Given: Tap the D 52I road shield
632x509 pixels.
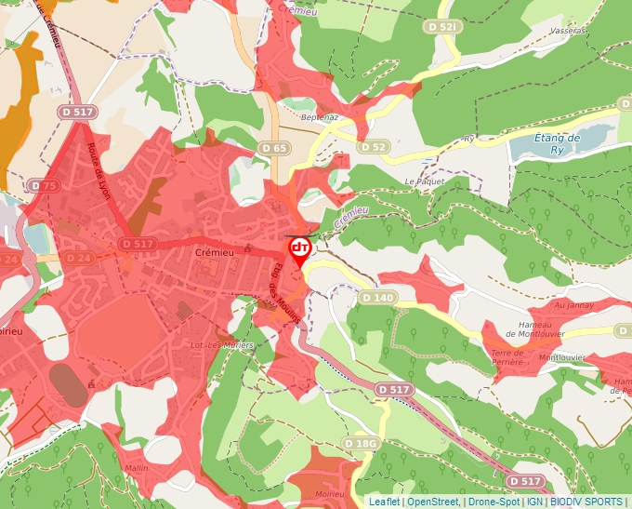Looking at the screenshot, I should tap(444, 27).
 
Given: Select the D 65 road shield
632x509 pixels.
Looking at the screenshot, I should tap(274, 148).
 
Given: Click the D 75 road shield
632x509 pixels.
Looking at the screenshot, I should tap(43, 186).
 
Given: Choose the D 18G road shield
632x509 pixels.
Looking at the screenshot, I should tap(360, 443).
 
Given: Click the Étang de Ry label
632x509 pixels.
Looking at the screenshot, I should tap(558, 143).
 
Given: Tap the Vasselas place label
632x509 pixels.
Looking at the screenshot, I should tap(569, 31).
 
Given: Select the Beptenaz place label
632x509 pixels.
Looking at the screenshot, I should tap(322, 117).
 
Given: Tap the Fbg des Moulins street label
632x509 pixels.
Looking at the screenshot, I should tap(287, 291).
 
